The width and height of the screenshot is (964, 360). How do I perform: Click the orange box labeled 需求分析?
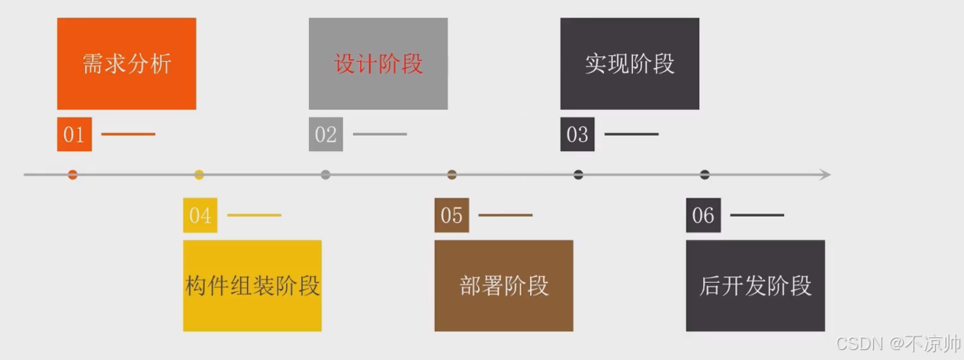(127, 63)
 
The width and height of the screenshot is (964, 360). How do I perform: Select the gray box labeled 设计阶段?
(378, 63)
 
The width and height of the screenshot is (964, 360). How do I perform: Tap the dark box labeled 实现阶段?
(630, 63)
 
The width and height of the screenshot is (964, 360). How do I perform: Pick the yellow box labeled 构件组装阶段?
(252, 285)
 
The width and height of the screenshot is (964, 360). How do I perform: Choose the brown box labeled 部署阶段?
(504, 285)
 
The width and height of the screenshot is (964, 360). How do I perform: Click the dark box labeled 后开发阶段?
(755, 285)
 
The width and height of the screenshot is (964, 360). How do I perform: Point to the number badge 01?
(74, 134)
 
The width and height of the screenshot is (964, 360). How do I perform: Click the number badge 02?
(326, 134)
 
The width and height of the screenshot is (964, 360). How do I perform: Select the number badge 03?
(577, 134)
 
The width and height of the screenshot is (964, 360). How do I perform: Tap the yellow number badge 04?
(200, 215)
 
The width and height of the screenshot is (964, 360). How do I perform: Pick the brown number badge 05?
(451, 215)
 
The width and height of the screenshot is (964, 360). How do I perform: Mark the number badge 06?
(703, 215)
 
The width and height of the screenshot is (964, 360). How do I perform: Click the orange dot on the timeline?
(72, 175)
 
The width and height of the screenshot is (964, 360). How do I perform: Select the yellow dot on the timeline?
(199, 175)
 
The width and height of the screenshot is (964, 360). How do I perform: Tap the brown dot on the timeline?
(451, 175)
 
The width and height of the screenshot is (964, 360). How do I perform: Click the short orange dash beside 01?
(128, 134)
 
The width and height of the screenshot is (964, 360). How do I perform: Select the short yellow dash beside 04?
(254, 215)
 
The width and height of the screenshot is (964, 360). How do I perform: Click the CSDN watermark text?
(898, 343)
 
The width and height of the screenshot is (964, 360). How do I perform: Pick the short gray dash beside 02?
(380, 134)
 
